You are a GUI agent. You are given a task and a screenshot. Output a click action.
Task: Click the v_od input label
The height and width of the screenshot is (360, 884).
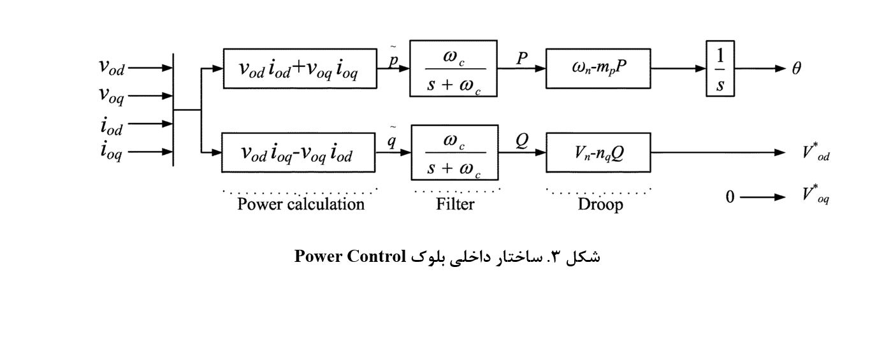point(111,68)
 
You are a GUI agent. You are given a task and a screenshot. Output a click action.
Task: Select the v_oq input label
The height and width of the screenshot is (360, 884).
point(111,96)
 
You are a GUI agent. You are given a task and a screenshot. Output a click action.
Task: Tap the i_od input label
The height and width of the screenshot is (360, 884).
point(111,125)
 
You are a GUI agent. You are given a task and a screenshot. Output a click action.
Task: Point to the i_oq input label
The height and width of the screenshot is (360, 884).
point(111,152)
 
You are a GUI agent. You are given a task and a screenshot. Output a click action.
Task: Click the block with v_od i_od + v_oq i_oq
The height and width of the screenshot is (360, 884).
point(299,68)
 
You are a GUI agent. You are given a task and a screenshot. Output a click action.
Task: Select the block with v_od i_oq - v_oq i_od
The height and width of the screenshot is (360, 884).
point(298,153)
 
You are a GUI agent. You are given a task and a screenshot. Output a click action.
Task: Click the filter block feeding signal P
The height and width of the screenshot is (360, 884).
point(453,69)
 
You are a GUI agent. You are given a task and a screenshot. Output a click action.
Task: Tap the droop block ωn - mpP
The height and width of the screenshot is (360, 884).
point(598,68)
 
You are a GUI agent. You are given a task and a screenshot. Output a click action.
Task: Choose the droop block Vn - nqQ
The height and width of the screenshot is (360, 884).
point(598,153)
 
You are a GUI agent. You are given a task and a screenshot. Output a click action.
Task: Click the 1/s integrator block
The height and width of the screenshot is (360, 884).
point(720,69)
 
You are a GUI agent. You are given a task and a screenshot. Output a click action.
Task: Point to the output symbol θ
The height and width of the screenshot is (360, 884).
point(797,69)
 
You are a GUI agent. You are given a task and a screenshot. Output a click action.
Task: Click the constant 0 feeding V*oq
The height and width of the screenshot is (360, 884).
point(730,197)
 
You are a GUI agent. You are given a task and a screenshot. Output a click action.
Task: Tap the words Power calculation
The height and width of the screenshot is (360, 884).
point(301,205)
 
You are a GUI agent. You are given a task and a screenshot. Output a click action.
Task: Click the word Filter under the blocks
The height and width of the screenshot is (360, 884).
point(455,205)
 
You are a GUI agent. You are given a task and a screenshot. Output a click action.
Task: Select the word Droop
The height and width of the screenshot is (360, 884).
point(600,205)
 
